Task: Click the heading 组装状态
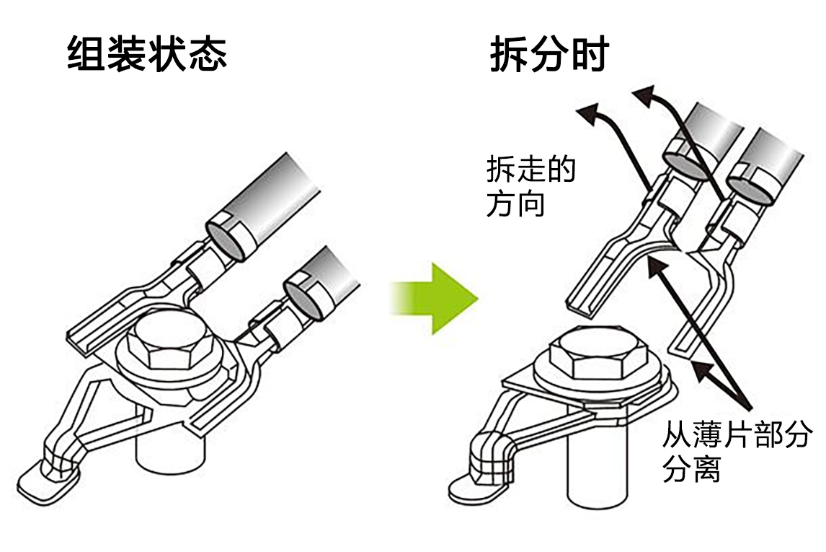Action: click(x=147, y=54)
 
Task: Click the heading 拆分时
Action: click(x=549, y=54)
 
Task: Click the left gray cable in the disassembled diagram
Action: click(x=710, y=133)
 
